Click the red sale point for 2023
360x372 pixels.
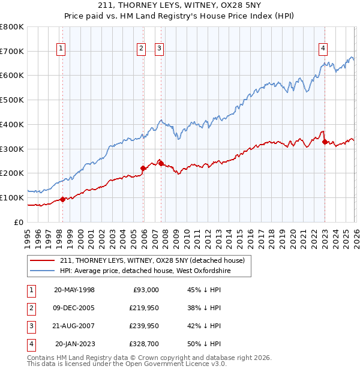click(325, 142)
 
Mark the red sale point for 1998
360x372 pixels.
click(62, 199)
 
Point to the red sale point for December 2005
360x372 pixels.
click(143, 168)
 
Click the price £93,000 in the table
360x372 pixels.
click(145, 290)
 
